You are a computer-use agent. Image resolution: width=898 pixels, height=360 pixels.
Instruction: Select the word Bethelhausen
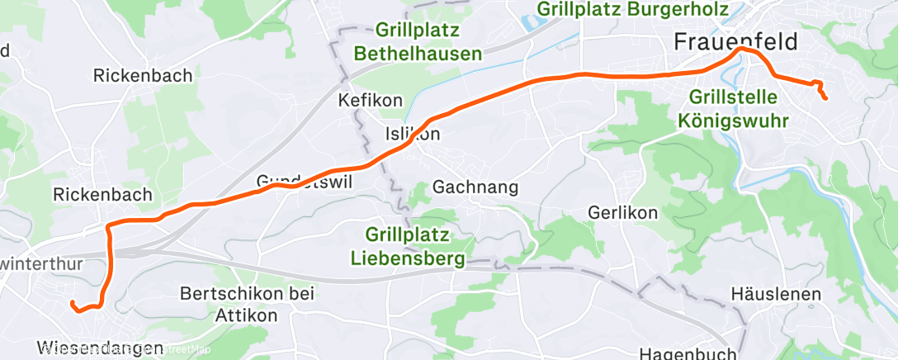click(x=418, y=54)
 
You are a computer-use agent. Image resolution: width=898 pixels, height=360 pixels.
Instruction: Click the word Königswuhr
click(x=734, y=120)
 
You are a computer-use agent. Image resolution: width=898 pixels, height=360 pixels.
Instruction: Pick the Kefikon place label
click(x=371, y=101)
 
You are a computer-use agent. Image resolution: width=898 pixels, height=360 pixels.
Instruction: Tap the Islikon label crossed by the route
click(x=413, y=134)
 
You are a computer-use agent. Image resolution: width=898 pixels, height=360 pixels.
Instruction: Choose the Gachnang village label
click(x=475, y=187)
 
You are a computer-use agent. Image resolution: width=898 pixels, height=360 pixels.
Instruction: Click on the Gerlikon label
click(x=622, y=212)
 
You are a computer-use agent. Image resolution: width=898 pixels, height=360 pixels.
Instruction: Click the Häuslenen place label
click(x=776, y=295)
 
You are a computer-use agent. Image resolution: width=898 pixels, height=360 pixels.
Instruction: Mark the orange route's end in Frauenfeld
click(x=825, y=99)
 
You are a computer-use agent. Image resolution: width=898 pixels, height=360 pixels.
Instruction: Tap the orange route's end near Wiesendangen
click(x=73, y=304)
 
